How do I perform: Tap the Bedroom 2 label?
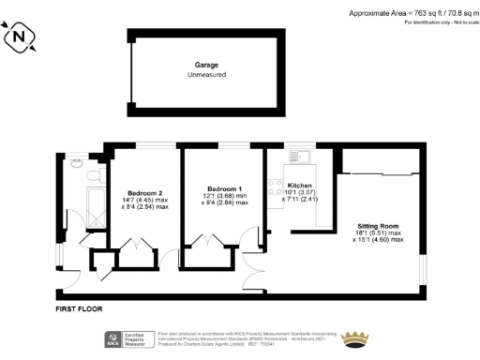(x=142, y=192)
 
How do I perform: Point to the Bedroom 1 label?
(x=224, y=188)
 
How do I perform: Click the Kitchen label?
(x=300, y=186)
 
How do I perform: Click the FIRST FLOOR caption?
(x=78, y=308)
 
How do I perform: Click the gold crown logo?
(x=355, y=338)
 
